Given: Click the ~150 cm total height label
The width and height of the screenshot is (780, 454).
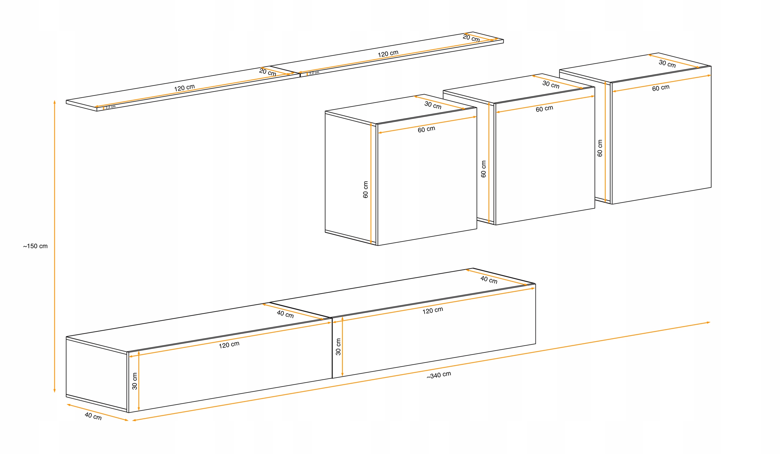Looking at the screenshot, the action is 35,246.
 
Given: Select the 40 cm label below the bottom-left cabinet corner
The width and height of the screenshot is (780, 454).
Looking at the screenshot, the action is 93,416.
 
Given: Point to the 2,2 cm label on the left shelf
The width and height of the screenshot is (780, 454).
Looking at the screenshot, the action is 111,107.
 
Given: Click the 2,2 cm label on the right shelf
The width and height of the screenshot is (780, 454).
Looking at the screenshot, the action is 314,73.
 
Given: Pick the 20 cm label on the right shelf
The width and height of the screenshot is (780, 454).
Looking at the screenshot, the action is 471,38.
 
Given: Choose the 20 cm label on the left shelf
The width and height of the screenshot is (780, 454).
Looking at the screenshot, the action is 268,73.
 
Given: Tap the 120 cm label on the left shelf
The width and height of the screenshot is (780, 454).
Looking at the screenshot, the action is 184,88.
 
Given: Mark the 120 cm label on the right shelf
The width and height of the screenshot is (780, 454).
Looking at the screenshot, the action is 388,54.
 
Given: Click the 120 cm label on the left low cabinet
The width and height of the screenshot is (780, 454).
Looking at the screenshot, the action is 229,345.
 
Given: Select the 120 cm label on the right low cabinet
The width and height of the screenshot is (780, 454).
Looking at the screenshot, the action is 433,310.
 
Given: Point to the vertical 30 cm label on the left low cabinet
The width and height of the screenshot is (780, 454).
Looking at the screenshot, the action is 135,381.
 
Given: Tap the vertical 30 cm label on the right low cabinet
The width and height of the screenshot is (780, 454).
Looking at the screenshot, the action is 338,347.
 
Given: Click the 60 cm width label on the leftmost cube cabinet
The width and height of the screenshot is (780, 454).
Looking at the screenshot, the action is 427,129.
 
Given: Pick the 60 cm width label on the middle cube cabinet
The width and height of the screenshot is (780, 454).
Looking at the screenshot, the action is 544,109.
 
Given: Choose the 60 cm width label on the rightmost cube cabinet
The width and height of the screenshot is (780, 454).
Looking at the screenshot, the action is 661,88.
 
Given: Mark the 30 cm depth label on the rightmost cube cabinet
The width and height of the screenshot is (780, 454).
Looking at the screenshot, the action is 667,64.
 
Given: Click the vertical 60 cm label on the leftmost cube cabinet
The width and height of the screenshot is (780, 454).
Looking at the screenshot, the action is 366,190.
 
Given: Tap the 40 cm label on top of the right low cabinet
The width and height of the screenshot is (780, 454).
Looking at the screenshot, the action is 489,280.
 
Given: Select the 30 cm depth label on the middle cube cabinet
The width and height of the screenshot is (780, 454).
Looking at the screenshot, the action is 551,84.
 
